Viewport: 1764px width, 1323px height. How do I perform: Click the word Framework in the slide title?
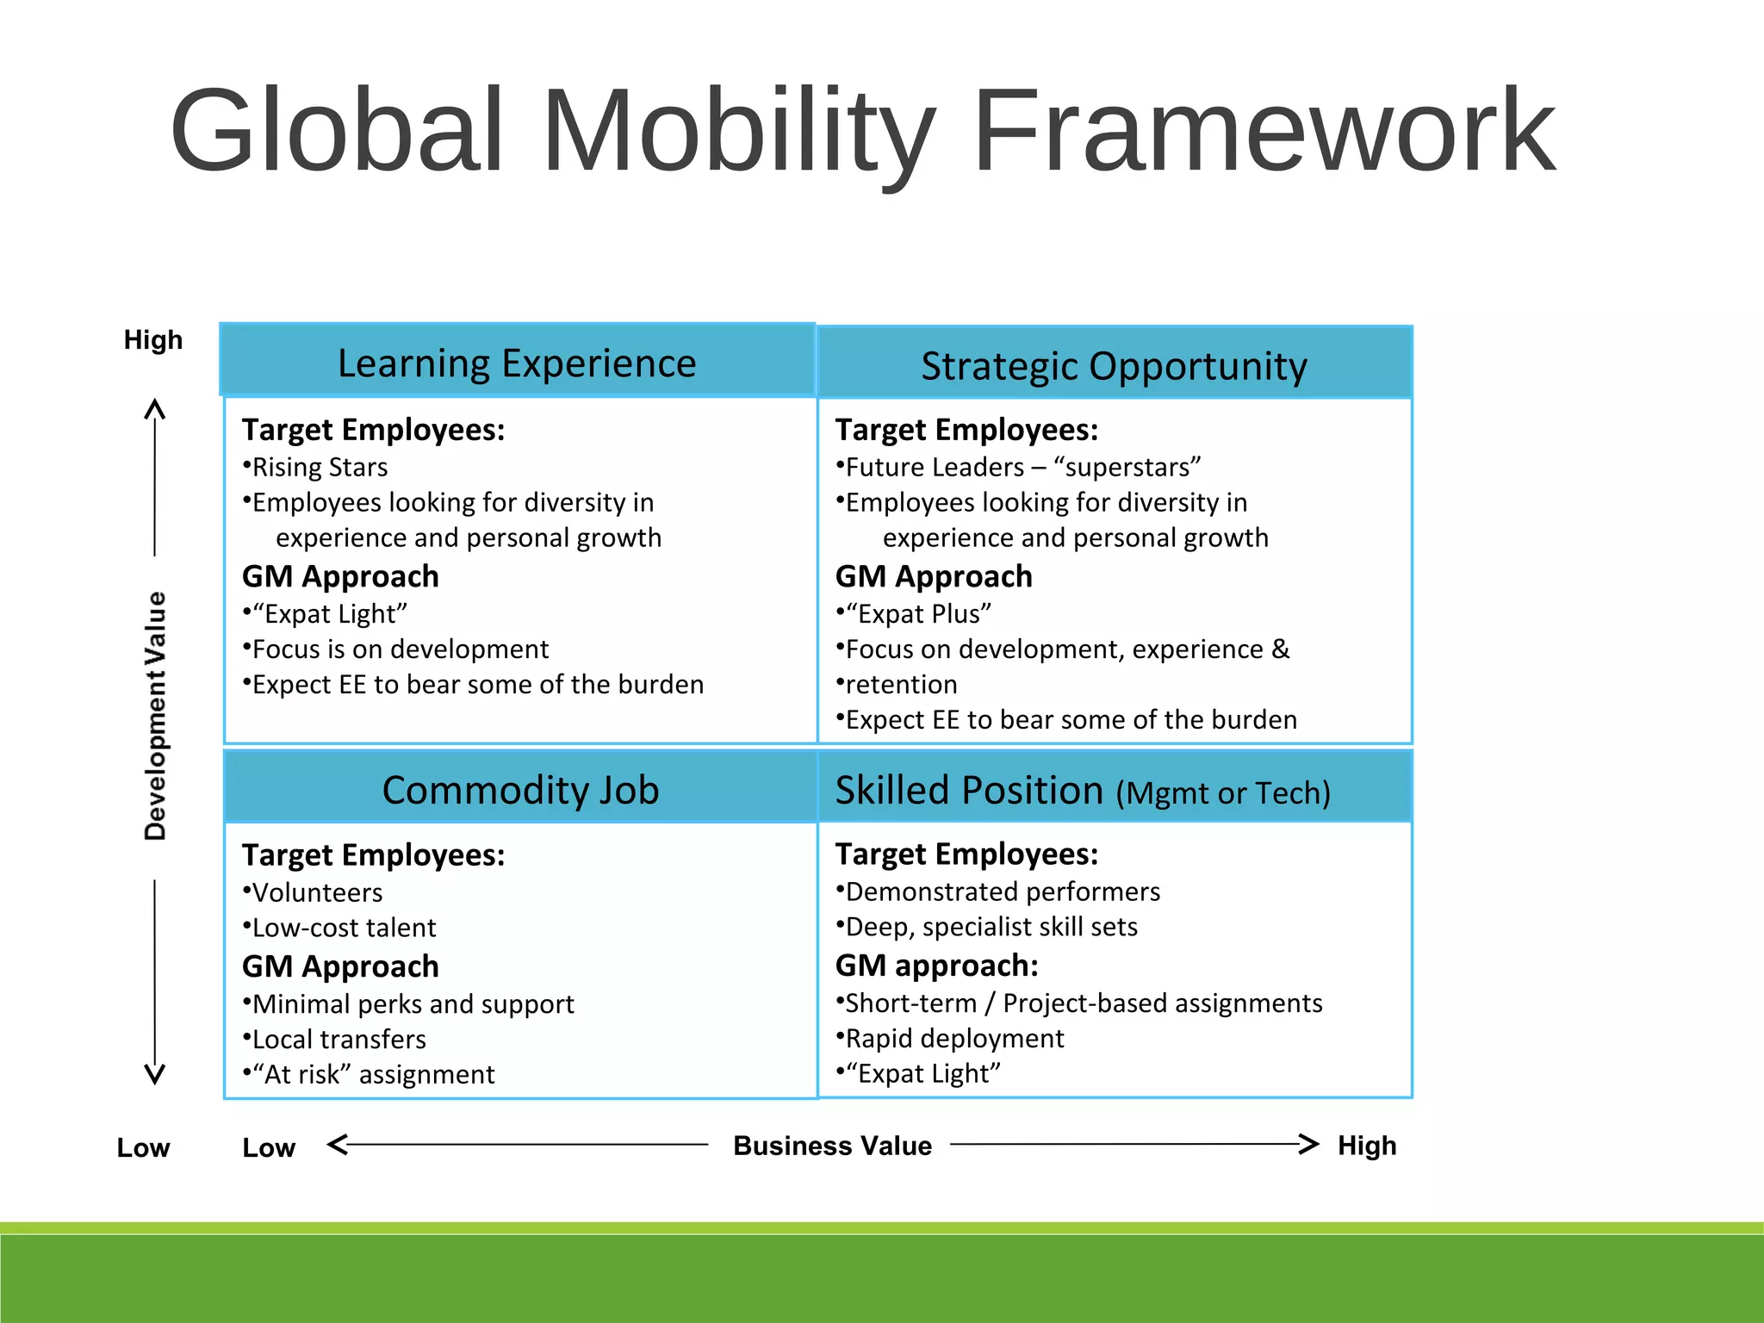point(1263,131)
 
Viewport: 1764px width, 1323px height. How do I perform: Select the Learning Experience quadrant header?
point(517,363)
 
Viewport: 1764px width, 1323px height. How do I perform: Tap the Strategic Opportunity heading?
point(1114,366)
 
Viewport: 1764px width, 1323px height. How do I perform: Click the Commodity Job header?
point(520,790)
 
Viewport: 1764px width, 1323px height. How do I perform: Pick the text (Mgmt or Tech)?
point(1223,793)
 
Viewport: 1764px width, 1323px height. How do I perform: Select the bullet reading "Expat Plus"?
point(917,614)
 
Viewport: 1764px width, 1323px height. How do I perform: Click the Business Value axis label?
point(832,1146)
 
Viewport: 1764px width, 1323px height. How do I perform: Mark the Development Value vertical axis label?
point(156,715)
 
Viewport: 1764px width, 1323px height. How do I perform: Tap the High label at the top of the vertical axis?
point(153,339)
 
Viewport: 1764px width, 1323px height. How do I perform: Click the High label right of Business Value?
point(1367,1146)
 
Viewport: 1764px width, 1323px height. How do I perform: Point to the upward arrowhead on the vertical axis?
point(155,407)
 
